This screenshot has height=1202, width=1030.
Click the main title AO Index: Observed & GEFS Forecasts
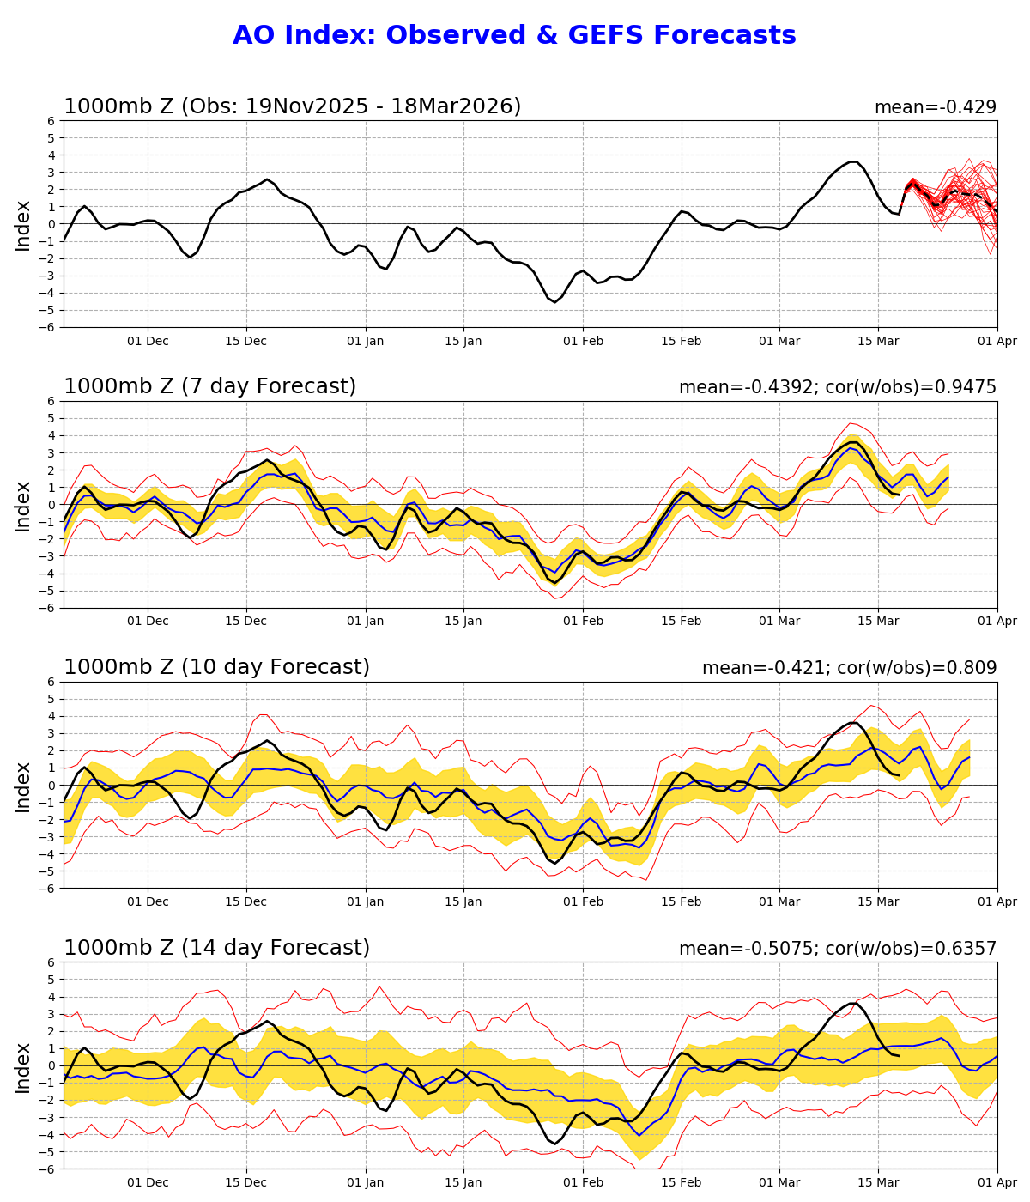(x=514, y=35)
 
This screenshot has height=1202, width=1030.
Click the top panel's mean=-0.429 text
(x=935, y=107)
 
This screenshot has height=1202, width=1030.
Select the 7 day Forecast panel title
(x=209, y=386)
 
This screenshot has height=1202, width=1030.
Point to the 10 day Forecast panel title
(x=216, y=667)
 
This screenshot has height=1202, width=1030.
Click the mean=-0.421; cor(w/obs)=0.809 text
(x=849, y=668)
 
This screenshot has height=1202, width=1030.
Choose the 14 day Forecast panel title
(x=216, y=948)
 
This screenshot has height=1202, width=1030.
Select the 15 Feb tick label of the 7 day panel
(x=682, y=622)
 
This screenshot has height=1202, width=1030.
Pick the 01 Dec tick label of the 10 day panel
(x=148, y=902)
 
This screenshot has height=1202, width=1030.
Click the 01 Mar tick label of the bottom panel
(x=779, y=1183)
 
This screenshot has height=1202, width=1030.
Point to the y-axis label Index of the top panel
(x=23, y=224)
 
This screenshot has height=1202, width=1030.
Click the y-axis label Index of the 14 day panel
(x=23, y=1066)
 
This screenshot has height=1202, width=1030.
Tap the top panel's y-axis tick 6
(x=51, y=121)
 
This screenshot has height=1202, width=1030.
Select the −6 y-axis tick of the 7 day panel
(x=48, y=608)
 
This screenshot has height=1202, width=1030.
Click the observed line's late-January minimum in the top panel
(x=554, y=301)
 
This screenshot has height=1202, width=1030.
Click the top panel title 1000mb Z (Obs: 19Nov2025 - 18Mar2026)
(x=292, y=106)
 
